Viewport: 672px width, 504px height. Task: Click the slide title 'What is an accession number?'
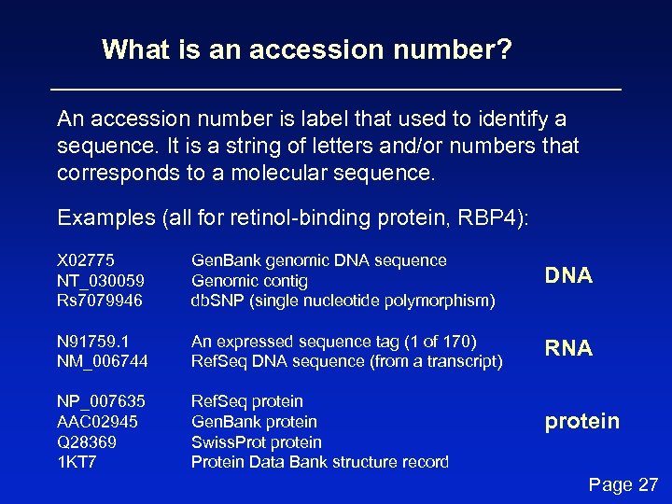(307, 49)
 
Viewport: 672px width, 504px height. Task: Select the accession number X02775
(86, 260)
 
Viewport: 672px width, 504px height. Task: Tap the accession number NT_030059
(101, 281)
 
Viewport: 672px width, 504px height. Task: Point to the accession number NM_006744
(103, 362)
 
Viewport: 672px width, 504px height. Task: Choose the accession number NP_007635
(102, 401)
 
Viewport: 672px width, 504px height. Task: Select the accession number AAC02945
(97, 422)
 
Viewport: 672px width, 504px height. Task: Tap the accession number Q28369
(87, 442)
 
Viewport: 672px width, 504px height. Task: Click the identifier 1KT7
(77, 463)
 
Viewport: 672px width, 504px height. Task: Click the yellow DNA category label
(568, 275)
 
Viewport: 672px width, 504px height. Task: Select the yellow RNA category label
(568, 348)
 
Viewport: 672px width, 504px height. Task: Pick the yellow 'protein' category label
(581, 421)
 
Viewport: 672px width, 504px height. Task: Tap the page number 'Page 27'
(623, 484)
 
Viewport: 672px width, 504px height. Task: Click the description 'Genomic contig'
(249, 281)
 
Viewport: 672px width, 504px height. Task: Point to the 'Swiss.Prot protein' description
(256, 442)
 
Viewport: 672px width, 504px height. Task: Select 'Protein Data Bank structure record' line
(319, 463)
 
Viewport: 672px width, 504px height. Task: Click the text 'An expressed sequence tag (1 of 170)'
(333, 342)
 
